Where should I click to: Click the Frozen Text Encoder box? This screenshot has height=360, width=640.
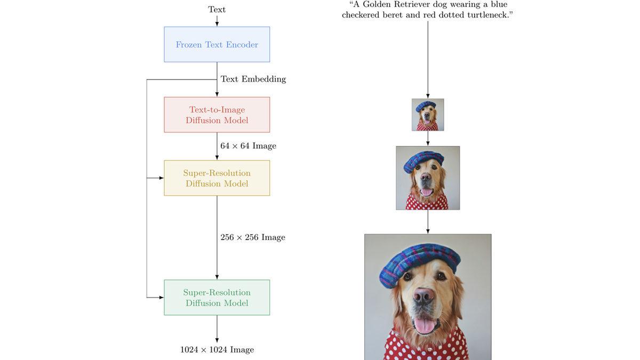coord(217,44)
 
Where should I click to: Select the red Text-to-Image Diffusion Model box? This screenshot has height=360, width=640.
coord(217,115)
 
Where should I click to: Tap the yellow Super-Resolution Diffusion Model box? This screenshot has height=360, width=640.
coord(217,178)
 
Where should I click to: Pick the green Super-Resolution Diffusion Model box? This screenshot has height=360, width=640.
coord(217,298)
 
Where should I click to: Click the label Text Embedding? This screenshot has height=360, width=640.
coord(253,79)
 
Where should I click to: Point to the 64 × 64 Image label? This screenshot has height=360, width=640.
coord(248,146)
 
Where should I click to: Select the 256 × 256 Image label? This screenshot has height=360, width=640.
coord(253,237)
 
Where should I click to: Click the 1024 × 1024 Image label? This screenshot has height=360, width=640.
coord(217,350)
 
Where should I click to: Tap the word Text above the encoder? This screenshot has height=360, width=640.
coord(217,10)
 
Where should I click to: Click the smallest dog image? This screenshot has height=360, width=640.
coord(428,115)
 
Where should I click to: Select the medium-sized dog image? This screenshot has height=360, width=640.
coord(428,178)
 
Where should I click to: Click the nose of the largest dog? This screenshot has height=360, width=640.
coord(424,297)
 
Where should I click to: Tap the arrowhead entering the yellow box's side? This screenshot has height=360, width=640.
coord(161,178)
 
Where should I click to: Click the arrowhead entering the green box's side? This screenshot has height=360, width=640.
coord(161,298)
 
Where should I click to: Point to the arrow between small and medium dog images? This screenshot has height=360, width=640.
coord(428,139)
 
